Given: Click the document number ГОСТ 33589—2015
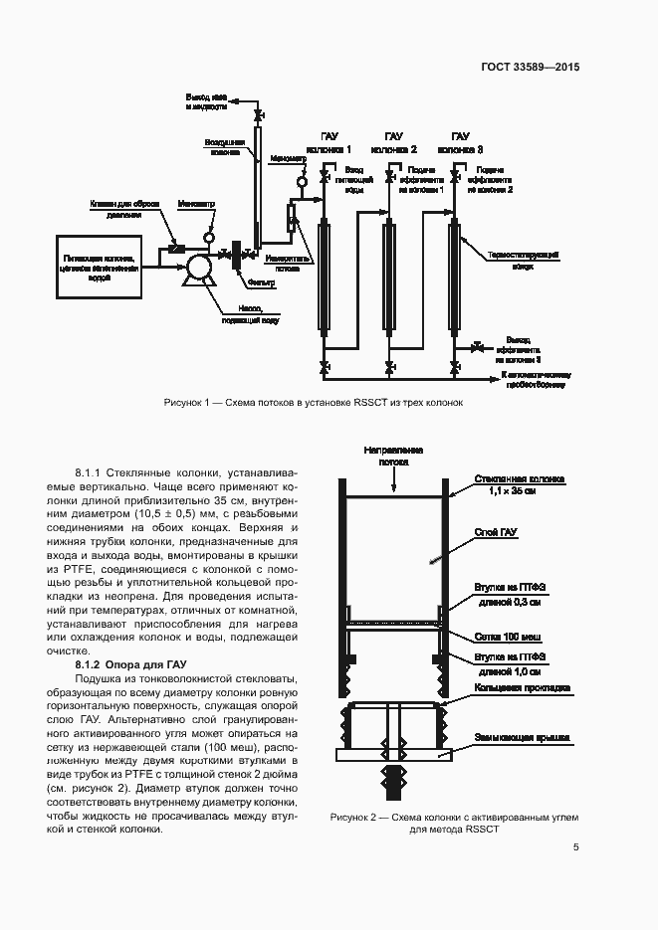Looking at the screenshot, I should coord(531,68).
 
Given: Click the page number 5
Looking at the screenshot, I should coord(576,847).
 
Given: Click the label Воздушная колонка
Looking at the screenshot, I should coord(224,147).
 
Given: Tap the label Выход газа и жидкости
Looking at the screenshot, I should coord(206,101).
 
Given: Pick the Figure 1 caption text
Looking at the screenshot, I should coord(314,403).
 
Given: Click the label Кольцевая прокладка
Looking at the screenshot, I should coord(522,687).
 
